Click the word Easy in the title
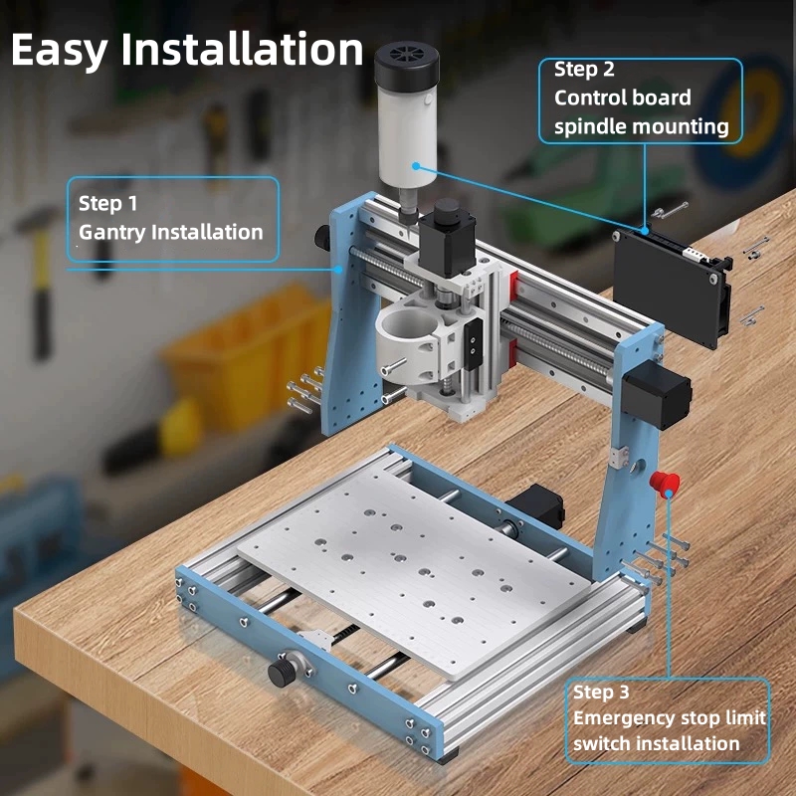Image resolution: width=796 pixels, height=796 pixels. [x=60, y=51]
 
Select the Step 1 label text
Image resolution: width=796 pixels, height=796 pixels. [x=107, y=204]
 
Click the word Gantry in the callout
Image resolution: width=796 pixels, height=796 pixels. [x=111, y=233]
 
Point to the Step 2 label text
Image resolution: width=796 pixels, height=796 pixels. [x=584, y=69]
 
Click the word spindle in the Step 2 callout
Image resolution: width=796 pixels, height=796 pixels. [x=586, y=127]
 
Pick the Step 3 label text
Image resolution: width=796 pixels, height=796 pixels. [x=601, y=692]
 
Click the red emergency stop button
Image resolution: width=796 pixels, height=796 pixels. [x=665, y=483]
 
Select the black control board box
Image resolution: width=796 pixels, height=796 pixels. [x=671, y=287]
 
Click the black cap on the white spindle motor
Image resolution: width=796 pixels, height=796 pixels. [x=407, y=66]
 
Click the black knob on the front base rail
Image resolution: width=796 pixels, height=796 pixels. [x=282, y=673]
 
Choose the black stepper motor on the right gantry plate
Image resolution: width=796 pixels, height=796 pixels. [x=657, y=394]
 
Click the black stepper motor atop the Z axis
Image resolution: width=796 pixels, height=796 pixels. [x=446, y=238]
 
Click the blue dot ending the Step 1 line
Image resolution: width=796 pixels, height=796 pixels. [x=338, y=270]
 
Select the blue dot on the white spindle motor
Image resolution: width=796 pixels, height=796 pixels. [x=416, y=166]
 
